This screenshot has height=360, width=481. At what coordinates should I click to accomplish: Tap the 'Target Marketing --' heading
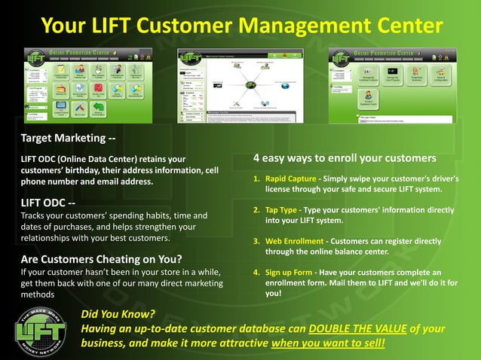click(68, 138)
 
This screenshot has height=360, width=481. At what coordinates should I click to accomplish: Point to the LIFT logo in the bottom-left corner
click(41, 328)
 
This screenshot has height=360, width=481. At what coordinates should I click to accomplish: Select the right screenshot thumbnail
click(392, 84)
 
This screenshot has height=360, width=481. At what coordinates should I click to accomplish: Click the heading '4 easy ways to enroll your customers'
click(345, 158)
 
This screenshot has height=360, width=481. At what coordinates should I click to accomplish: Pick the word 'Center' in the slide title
click(403, 26)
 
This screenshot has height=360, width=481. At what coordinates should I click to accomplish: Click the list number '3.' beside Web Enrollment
click(256, 242)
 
